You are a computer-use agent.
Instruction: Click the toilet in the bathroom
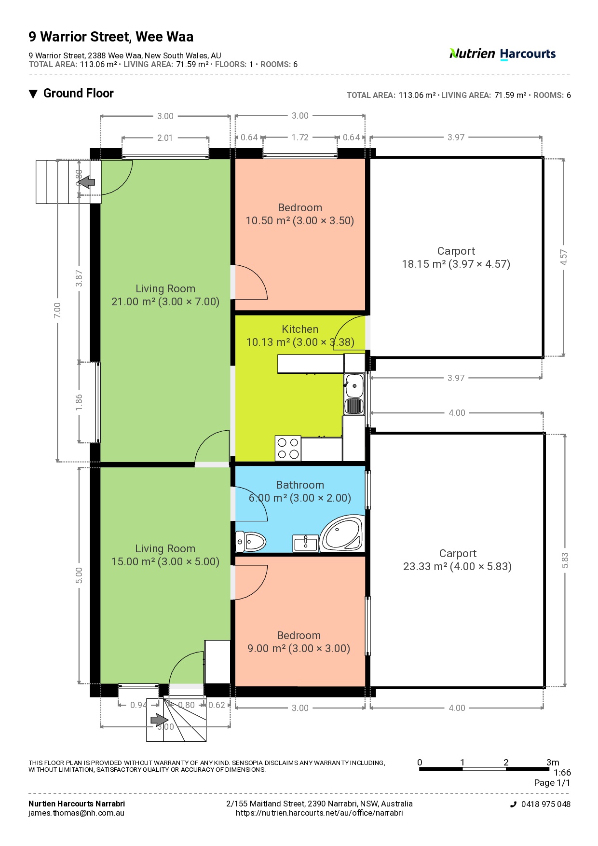tap(250, 542)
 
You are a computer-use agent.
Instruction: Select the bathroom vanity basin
tap(306, 543)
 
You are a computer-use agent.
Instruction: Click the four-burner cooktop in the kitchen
tap(288, 448)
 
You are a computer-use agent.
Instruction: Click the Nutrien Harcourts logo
tap(502, 54)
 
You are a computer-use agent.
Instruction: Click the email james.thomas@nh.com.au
tap(76, 813)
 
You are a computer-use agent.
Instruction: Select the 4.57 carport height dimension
tap(564, 257)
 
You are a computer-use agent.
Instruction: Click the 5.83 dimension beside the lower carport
tap(565, 560)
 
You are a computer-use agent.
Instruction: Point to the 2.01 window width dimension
tap(165, 138)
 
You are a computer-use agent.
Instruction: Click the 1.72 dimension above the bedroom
tap(300, 137)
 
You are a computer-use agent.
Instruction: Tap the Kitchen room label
tap(300, 329)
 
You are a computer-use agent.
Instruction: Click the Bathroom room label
tap(300, 485)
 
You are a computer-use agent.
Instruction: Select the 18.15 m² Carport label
tap(456, 258)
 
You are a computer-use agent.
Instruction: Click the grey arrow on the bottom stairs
tap(159, 720)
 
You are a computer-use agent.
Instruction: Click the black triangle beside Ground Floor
tap(33, 94)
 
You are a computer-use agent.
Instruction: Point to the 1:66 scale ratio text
tap(562, 772)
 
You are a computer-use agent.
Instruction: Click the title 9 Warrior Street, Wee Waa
tap(111, 37)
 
